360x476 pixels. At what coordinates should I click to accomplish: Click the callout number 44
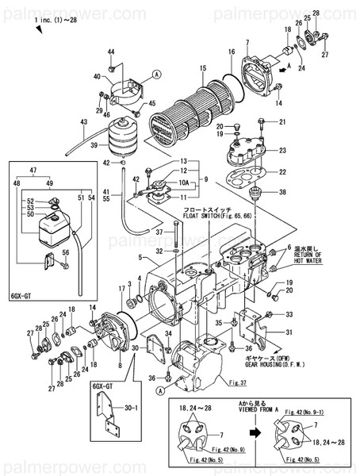point(111,52)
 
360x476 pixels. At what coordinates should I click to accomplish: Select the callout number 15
point(203,68)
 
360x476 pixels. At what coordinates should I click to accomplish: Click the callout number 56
point(67,251)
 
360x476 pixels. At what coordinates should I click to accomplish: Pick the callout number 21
point(283,121)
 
